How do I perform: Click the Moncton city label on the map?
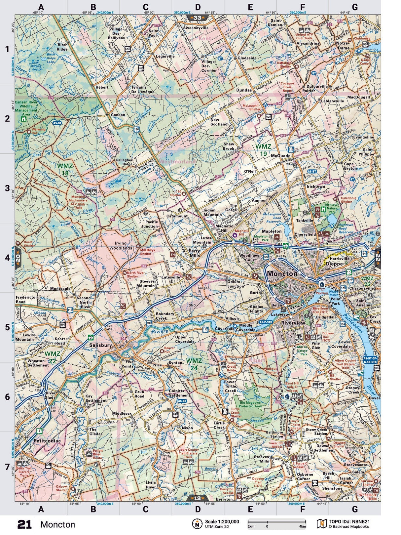point(282,273)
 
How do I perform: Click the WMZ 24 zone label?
point(194,363)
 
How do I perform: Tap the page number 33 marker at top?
point(198,18)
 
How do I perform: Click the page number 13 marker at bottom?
point(197,498)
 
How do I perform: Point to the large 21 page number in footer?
point(24,524)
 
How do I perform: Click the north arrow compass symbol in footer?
point(197,524)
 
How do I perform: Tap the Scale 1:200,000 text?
point(222,521)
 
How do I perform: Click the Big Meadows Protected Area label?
point(251,404)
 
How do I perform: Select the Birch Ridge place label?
point(62,47)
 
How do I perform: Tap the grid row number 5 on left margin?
point(7,327)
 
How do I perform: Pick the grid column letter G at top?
point(354,7)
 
